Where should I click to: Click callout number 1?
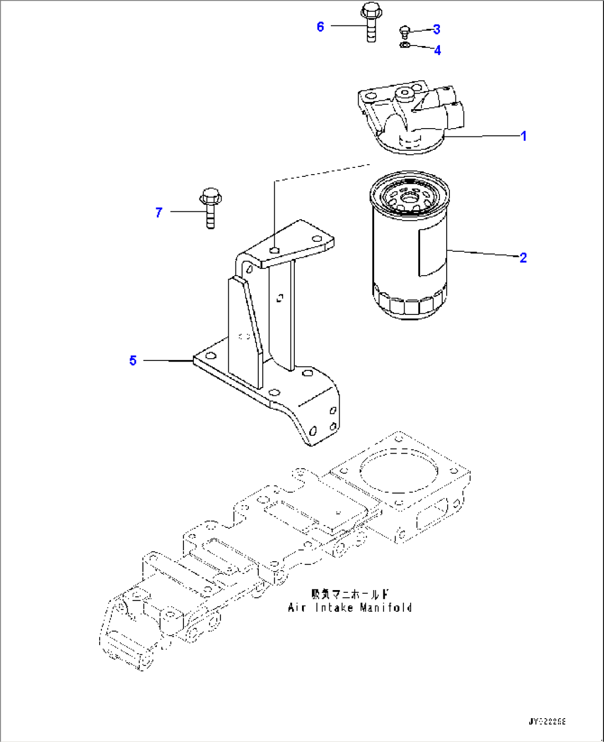pos(523,136)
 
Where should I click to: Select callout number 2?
pos(523,257)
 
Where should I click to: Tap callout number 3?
pos(437,29)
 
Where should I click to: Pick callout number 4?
pos(437,50)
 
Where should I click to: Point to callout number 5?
pos(133,360)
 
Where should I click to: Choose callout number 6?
pos(320,27)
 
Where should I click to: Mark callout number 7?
pos(159,212)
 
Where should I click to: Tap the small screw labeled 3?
pos(405,31)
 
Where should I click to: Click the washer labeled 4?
pos(405,45)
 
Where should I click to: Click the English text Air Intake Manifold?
pos(350,608)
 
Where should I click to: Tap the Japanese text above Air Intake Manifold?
pos(350,594)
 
